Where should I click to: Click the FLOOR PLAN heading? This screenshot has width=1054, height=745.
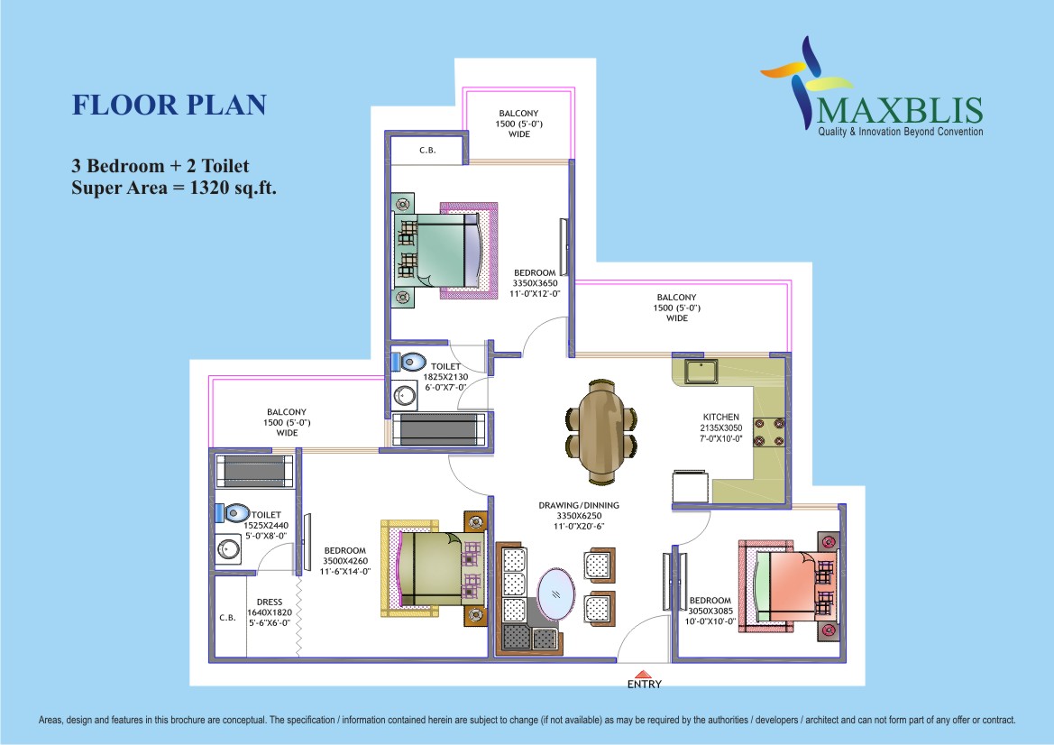170,105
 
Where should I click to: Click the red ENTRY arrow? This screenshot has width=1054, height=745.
644,674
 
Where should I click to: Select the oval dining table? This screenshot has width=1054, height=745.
601,432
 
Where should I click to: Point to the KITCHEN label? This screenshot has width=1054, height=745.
721,417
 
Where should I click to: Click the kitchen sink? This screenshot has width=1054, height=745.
701,372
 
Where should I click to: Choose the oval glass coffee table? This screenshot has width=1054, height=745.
556,594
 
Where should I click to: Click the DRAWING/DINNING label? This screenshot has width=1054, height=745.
579,506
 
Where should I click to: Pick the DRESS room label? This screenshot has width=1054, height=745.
270,602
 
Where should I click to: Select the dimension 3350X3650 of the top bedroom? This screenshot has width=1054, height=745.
535,283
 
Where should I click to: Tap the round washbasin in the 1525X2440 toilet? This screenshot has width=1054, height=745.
228,549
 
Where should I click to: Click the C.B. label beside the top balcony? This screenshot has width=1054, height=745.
427,150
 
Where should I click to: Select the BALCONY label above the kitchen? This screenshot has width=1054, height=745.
677,298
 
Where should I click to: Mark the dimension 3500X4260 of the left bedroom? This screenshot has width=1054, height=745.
345,561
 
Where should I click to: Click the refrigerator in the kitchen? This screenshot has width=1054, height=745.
691,485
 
